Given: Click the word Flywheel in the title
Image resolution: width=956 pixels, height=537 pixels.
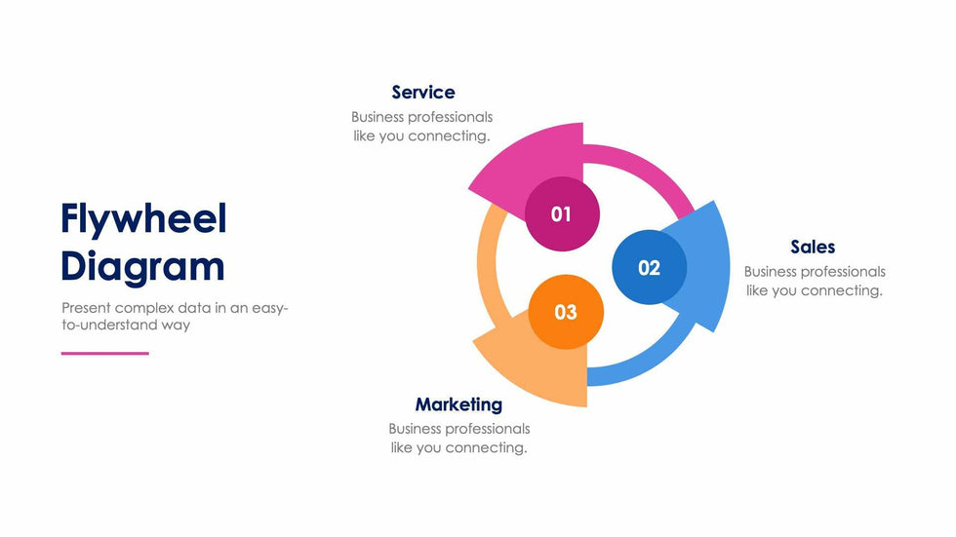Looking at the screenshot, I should click(x=143, y=219).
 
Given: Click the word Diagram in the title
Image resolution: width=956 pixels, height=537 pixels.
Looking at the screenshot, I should click(x=142, y=266).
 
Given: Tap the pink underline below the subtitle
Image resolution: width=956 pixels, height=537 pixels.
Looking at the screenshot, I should click(x=105, y=353).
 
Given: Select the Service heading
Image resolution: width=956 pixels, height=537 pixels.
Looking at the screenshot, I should click(x=422, y=93).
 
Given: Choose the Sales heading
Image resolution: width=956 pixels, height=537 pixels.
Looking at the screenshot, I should click(x=813, y=247).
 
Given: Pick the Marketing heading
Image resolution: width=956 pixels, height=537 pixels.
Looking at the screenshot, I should click(x=458, y=404).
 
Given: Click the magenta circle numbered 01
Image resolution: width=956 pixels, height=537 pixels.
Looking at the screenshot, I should click(x=561, y=214).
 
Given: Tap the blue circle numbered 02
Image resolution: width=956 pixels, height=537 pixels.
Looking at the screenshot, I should click(x=649, y=267).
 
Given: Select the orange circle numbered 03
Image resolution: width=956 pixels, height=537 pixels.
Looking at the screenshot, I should click(x=566, y=312).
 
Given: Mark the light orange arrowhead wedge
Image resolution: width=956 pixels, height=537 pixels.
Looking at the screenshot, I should click(x=532, y=365).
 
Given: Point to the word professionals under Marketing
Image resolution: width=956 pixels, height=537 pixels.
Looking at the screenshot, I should click(x=490, y=429).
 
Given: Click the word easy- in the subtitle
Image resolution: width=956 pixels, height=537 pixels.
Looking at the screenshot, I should click(x=270, y=308).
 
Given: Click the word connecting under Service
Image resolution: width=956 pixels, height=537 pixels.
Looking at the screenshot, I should click(x=449, y=136).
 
